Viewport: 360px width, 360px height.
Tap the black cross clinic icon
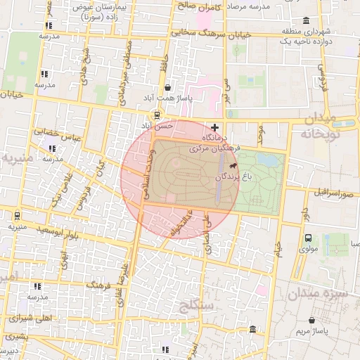point(214,127)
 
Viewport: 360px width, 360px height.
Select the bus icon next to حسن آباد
point(157,115)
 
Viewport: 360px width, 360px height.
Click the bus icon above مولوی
point(308,238)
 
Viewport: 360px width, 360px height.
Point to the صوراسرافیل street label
point(330,192)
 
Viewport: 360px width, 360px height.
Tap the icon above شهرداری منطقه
point(304,20)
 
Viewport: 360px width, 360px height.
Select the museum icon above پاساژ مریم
point(252,330)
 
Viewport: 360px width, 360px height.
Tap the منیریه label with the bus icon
point(17,227)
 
